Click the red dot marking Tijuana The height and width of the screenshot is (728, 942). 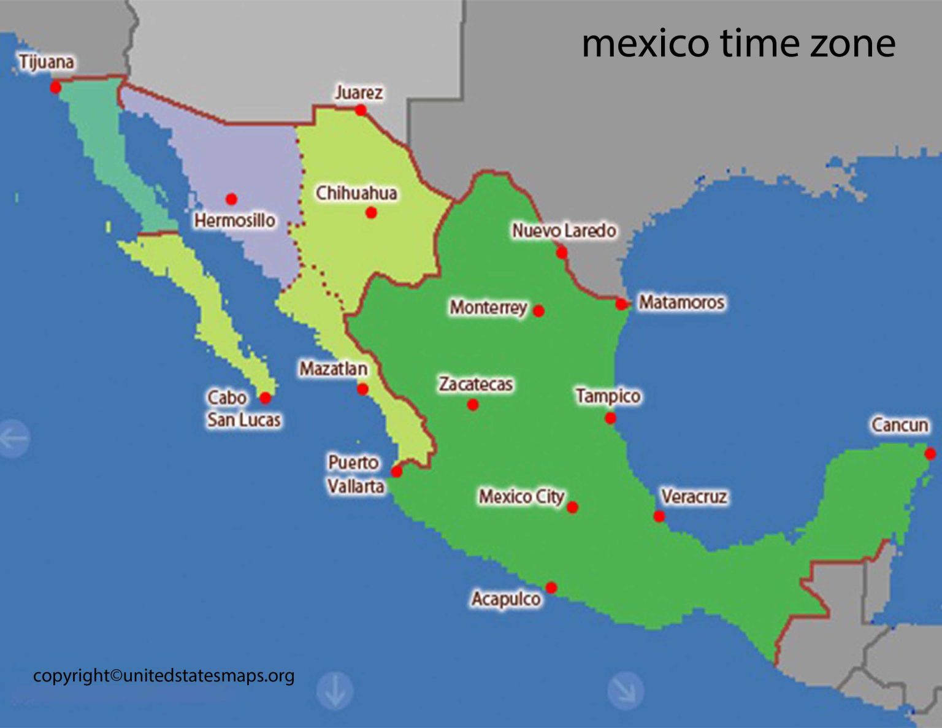55,87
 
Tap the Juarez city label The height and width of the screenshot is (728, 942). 359,93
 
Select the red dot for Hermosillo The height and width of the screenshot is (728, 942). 231,199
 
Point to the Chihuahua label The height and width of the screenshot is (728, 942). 356,193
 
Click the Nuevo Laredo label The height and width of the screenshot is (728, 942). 564,231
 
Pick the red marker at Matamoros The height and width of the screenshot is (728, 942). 621,304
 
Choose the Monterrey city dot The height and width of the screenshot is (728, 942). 538,311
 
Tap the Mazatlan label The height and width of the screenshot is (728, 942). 333,369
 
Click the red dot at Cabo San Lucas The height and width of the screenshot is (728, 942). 265,398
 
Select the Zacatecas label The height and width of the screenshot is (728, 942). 475,384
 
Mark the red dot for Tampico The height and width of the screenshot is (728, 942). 610,418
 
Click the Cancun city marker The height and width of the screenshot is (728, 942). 930,454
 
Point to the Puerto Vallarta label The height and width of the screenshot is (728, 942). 354,474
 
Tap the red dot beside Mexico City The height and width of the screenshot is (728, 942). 572,507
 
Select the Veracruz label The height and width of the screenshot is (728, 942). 694,496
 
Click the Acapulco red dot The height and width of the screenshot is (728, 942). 551,588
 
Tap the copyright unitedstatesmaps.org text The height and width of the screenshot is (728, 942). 164,676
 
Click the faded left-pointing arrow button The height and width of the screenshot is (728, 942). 13,438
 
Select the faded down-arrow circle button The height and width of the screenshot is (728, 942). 335,691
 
